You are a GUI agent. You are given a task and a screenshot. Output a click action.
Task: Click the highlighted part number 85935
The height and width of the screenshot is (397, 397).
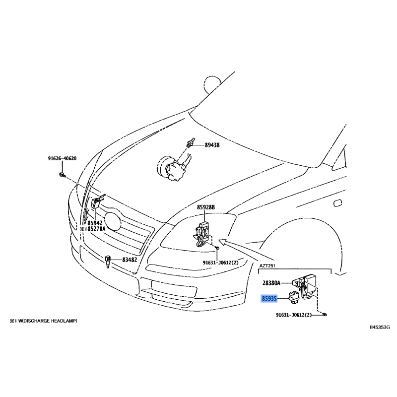point(270,299)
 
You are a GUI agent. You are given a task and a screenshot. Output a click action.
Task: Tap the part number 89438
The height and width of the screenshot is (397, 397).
point(212,145)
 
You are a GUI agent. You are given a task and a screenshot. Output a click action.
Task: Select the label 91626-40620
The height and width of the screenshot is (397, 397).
point(62,159)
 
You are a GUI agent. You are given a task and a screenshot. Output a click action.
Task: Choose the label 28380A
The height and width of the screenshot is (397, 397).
point(271,283)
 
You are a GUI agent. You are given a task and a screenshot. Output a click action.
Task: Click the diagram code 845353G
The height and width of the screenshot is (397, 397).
point(380,328)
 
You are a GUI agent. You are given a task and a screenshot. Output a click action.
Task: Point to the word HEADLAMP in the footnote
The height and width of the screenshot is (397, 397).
point(61,321)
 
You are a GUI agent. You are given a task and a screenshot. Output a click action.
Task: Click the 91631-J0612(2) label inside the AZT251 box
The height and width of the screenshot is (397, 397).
point(294,315)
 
